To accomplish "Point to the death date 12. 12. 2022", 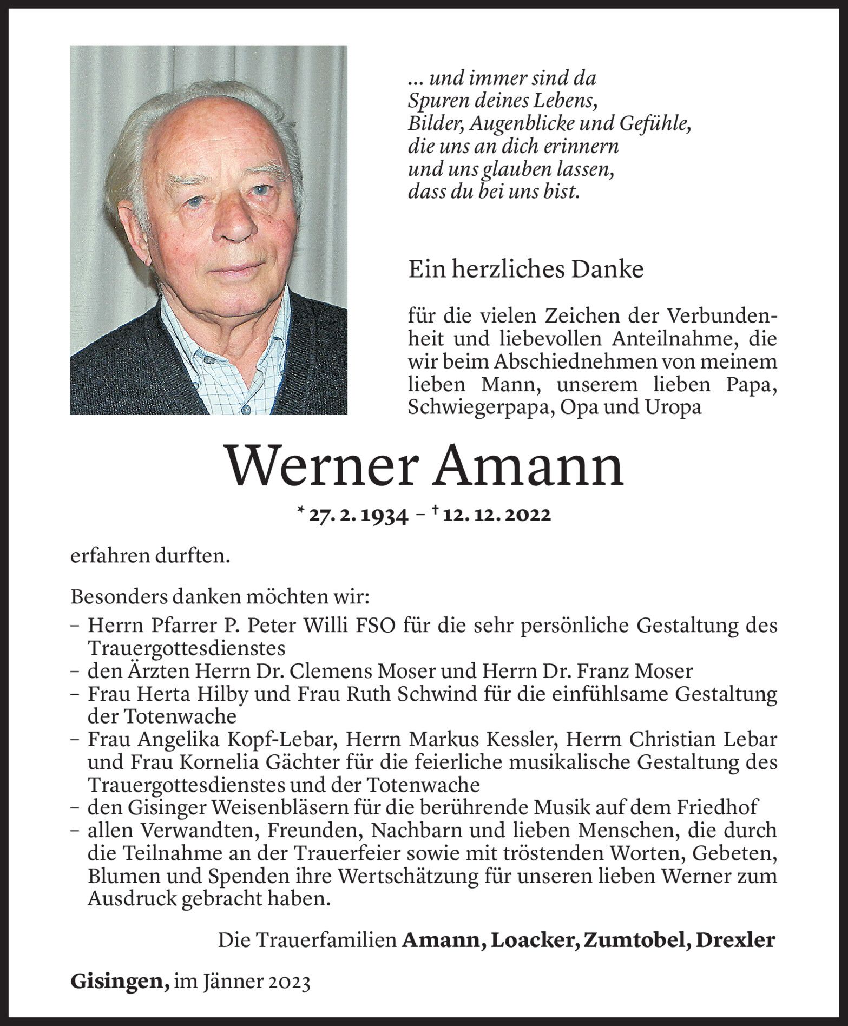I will [496, 515].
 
